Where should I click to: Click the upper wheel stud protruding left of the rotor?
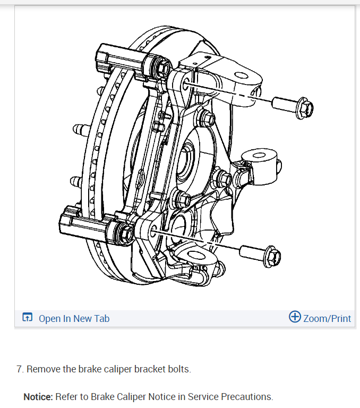pos(78,129)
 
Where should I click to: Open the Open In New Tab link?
pos(74,319)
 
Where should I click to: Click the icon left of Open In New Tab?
pos(27,318)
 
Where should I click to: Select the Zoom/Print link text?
pos(327,319)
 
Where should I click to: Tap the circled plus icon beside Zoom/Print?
pos(295,317)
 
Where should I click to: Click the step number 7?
pos(20,369)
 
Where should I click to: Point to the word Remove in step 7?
pos(42,369)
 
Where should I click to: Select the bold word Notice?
pos(38,397)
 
